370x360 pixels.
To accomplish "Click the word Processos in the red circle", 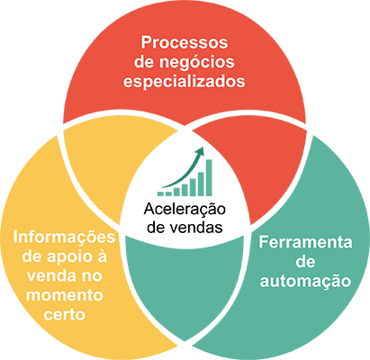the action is click(185, 42).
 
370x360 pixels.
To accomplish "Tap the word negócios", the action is click(196, 62).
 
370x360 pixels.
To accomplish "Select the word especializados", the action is click(185, 82).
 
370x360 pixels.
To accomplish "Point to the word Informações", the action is click(64, 238).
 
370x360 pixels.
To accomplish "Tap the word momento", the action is click(65, 296).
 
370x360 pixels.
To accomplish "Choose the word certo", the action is click(65, 315).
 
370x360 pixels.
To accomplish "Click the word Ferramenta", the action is click(305, 242).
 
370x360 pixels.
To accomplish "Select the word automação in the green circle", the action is click(305, 282).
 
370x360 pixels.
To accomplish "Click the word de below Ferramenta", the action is click(305, 262).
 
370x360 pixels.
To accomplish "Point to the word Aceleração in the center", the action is click(185, 209).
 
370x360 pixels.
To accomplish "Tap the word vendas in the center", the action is click(196, 228).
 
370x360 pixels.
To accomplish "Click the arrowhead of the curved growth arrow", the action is click(200, 151).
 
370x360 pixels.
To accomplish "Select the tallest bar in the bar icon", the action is click(209, 177).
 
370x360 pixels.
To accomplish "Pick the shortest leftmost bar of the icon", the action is click(161, 193).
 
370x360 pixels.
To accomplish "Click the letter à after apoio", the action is click(102, 256).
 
